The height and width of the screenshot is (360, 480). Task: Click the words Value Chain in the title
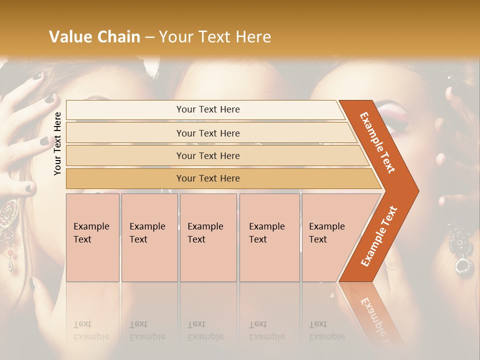[94, 37]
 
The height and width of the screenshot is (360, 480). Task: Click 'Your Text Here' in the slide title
[215, 37]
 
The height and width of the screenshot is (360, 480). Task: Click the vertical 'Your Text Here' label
[57, 143]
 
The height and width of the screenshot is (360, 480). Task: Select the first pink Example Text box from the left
[92, 237]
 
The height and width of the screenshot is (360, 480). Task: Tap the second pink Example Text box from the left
[149, 237]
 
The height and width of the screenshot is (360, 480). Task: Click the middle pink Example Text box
[208, 237]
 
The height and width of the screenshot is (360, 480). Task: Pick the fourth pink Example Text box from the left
[269, 237]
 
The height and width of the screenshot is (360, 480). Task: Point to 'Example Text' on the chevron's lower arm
[379, 236]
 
